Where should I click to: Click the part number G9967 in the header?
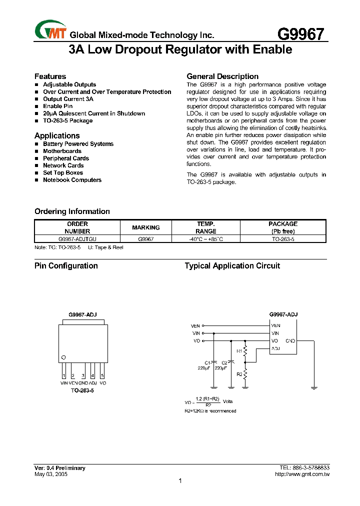301,34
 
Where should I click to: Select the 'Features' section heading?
50,76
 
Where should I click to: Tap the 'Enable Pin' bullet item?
57,106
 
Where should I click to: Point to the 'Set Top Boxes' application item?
63,172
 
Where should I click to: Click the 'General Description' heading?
222,76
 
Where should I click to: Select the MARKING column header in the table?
145,227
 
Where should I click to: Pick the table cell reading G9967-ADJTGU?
77,239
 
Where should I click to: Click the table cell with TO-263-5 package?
283,239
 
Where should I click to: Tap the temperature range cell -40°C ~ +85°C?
205,239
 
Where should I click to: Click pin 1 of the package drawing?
63,375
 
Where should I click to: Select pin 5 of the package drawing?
102,375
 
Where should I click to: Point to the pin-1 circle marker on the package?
63,357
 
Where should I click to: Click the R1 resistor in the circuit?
245,350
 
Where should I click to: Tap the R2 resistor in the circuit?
245,373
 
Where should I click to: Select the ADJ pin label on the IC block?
275,348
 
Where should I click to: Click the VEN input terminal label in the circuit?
195,325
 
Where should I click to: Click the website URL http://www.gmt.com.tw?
302,474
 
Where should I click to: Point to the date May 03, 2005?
50,474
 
